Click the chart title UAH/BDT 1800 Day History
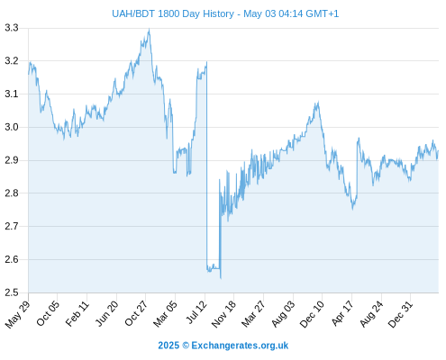point(173,13)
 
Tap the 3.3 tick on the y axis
point(12,28)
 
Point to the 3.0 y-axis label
point(12,127)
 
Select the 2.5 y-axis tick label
point(12,292)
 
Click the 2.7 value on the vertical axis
point(12,226)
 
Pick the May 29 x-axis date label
point(18,314)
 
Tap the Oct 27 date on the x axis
point(136,313)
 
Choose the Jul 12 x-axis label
point(196,312)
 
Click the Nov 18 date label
point(223,314)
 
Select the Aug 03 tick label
point(283,314)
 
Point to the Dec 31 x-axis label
point(400,314)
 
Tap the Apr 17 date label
point(342,313)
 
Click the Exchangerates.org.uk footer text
point(240,346)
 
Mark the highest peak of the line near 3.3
point(150,29)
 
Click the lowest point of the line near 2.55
point(221,278)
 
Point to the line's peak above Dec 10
point(318,102)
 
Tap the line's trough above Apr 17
point(352,209)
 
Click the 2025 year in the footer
point(168,346)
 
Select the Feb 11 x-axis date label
point(77,313)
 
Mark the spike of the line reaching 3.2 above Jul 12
point(206,62)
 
